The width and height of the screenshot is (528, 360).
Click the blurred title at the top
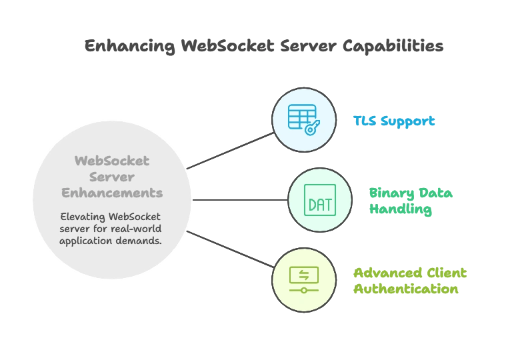264,47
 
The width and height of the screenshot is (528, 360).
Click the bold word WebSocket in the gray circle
112,161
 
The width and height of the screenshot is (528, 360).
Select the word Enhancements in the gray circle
112,193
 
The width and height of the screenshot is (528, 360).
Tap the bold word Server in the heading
112,177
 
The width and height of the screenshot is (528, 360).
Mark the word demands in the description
139,241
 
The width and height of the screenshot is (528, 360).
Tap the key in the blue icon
311,128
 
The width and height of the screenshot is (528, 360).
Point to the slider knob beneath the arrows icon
304,291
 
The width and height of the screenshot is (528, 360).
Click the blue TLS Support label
395,121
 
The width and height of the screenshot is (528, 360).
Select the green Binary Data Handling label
411,201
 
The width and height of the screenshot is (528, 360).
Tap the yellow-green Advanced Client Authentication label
409,282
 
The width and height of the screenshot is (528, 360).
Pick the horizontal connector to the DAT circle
240,200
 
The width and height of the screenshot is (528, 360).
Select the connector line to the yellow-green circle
231,249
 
